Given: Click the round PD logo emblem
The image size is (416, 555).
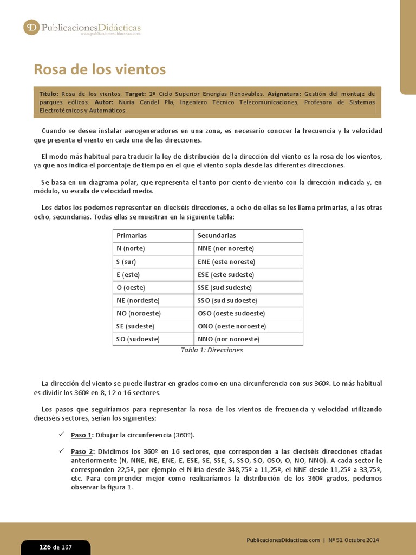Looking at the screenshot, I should coord(31,27).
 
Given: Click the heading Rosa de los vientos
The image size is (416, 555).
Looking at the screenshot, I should coord(100,70).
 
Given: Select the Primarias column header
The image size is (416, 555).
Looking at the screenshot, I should coord(132,236).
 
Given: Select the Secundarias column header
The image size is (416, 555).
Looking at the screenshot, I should coord(217,236).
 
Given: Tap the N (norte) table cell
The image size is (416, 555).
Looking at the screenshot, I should coord(131,249).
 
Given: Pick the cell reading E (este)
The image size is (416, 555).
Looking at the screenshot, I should coord(128,275).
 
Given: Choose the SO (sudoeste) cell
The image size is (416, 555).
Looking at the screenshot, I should coord(138,339).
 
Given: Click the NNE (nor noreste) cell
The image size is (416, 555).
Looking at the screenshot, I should coord(226,249).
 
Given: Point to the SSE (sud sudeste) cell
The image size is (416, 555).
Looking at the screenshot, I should coord(225,288).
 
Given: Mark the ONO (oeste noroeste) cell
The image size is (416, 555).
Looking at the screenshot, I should coord(232,326).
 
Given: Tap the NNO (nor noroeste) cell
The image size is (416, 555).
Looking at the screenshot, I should coord(229,339).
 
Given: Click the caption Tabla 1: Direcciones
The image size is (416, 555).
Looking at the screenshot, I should coord(211,350).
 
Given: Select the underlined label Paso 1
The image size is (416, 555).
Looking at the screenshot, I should coord(82,435).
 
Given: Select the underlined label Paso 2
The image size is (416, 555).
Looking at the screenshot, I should coord(82,451).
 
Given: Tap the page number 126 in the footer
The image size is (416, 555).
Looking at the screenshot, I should coord(45,547).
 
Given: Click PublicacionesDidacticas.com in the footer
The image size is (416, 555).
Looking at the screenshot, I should coord(283,540).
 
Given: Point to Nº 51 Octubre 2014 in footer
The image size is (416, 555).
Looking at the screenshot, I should coord(354,540).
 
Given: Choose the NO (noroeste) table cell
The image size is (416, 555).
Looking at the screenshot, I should coord(135,313).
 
